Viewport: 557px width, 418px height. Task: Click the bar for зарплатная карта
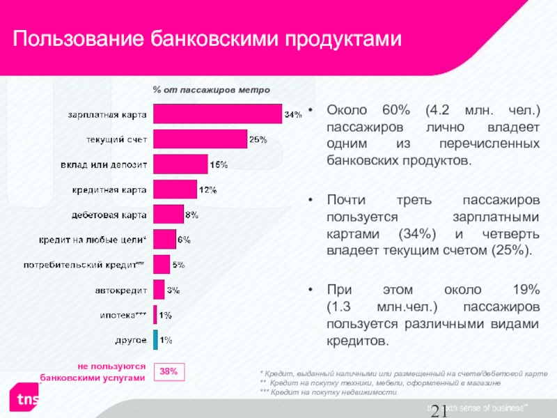pyautogui.click(x=217, y=114)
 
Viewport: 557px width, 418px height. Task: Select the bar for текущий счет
pyautogui.click(x=200, y=139)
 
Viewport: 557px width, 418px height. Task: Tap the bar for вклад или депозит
pyautogui.click(x=180, y=164)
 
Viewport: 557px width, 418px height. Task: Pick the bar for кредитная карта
pyautogui.click(x=175, y=189)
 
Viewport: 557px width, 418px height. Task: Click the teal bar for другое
pyautogui.click(x=155, y=340)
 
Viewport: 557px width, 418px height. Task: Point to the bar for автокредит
pyautogui.click(x=159, y=289)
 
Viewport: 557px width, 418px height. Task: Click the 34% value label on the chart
pyautogui.click(x=293, y=114)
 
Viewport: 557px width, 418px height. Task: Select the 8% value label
pyautogui.click(x=193, y=215)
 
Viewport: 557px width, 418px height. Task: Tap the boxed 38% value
pyautogui.click(x=168, y=372)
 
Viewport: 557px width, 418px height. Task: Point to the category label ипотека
pyautogui.click(x=123, y=315)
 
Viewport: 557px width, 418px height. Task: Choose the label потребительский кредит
pyautogui.click(x=84, y=265)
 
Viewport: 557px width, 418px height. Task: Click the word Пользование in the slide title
pyautogui.click(x=77, y=39)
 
